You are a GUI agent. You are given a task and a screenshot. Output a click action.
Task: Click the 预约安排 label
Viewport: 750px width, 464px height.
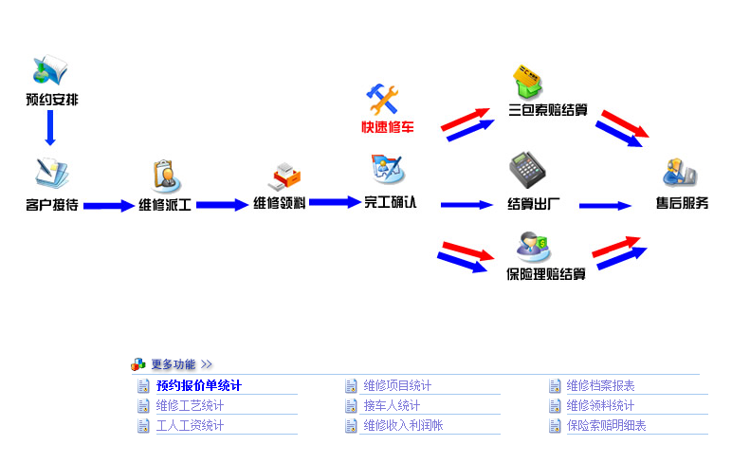51,99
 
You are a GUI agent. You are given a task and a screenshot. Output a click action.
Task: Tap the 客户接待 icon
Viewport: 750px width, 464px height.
51,172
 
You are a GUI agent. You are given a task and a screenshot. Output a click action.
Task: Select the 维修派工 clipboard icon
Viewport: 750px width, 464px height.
165,176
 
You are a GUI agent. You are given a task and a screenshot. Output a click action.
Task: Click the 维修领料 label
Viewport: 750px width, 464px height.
279,203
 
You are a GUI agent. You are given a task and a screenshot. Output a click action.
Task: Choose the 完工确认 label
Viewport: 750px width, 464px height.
390,202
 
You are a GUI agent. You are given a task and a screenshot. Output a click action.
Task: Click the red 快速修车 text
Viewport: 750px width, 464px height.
387,127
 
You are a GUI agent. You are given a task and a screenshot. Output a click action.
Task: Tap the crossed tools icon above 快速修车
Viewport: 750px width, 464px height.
384,99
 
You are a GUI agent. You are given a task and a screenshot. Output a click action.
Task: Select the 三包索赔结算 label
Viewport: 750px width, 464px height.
548,110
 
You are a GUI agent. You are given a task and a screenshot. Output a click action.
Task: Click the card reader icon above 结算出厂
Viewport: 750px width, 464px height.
526,170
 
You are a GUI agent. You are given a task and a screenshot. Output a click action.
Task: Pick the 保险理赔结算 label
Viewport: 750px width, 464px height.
546,275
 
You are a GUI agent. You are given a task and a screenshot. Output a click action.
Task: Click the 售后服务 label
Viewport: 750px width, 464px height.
682,203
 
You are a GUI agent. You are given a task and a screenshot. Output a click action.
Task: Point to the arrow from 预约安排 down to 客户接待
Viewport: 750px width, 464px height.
51,127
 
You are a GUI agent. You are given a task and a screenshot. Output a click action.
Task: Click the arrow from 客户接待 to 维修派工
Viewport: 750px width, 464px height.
108,205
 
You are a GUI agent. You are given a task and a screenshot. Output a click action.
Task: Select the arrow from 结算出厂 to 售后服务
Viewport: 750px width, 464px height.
605,205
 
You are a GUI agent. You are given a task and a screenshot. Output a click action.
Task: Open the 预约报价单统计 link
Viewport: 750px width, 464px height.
199,385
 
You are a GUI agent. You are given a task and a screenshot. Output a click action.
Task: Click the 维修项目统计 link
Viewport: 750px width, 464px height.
397,385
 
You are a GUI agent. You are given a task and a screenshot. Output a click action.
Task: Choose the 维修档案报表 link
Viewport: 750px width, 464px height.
601,385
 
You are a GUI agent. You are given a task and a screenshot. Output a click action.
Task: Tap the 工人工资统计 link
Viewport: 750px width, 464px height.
190,426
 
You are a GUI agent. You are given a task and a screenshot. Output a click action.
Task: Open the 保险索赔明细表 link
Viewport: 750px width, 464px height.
607,426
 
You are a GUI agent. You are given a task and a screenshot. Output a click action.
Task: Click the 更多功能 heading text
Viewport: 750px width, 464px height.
173,363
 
